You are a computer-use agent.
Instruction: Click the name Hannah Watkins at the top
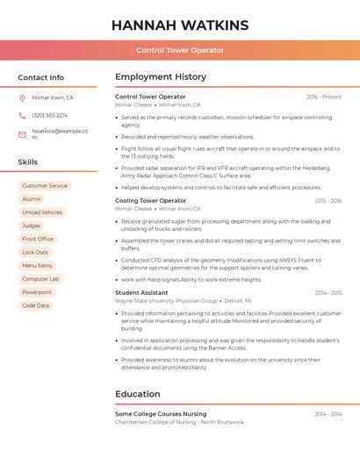(180, 25)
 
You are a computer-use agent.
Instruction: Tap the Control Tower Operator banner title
(180, 50)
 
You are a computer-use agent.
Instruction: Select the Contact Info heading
(41, 77)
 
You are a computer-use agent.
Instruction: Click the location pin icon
(22, 98)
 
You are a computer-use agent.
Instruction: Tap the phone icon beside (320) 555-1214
(22, 116)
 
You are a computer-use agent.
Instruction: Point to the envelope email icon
(22, 134)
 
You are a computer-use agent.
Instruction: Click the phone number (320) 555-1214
(50, 116)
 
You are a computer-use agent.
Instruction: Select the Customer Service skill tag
(45, 186)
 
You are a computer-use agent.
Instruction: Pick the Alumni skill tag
(32, 199)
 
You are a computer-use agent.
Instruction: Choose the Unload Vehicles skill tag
(42, 212)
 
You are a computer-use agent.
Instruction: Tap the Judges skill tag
(32, 225)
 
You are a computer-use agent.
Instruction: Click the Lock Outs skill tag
(35, 253)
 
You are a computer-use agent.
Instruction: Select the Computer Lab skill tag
(40, 279)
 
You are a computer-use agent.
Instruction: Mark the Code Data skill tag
(36, 305)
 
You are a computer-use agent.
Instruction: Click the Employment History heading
(161, 77)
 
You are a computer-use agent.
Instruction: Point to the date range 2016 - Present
(324, 97)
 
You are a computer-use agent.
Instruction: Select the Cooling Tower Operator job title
(151, 201)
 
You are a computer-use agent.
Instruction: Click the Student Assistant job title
(141, 293)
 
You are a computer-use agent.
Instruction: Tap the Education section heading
(138, 394)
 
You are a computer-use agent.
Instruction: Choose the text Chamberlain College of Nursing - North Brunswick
(180, 422)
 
